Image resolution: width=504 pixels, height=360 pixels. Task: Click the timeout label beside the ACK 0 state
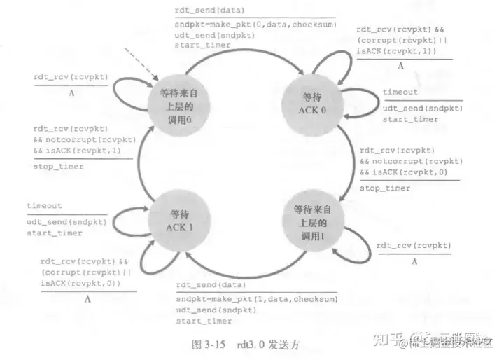point(400,92)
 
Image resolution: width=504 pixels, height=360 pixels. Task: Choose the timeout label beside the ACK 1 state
point(44,206)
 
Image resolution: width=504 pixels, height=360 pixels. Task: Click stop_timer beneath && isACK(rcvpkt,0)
point(385,188)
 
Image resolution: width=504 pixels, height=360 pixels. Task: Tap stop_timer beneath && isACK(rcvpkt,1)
point(58,167)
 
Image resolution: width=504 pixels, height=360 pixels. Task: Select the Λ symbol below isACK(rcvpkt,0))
point(88,298)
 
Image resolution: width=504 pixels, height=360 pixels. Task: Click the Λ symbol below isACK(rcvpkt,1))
point(401,67)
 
